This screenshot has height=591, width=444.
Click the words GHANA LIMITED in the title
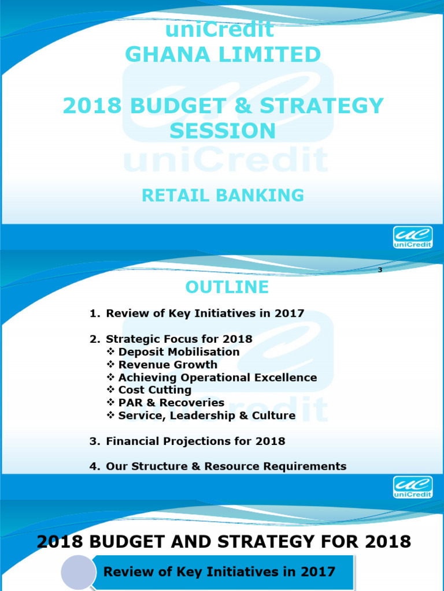[x=223, y=55]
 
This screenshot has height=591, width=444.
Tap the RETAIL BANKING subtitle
[x=223, y=196]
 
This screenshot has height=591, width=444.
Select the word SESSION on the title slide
[x=223, y=131]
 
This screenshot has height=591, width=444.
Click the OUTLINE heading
[x=227, y=287]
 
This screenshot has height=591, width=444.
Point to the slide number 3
[x=380, y=270]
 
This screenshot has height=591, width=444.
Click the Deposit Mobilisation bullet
[x=179, y=351]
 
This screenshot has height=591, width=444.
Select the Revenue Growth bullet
[x=168, y=364]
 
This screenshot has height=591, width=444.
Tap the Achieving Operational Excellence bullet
[x=217, y=377]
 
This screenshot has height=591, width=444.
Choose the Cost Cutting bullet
[x=154, y=390]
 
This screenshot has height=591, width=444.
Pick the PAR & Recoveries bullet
[x=171, y=403]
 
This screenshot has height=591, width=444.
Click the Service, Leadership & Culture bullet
[x=206, y=416]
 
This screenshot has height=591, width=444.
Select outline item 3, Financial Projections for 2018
[x=195, y=441]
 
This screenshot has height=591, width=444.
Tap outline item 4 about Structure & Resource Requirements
[x=226, y=466]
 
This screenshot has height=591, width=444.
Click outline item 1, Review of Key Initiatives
[x=205, y=313]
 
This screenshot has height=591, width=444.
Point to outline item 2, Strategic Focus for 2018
[x=179, y=339]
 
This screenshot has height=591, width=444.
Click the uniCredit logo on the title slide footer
[x=413, y=237]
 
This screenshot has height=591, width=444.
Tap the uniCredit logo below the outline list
[x=413, y=487]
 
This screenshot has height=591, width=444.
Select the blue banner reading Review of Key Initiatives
[x=220, y=572]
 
